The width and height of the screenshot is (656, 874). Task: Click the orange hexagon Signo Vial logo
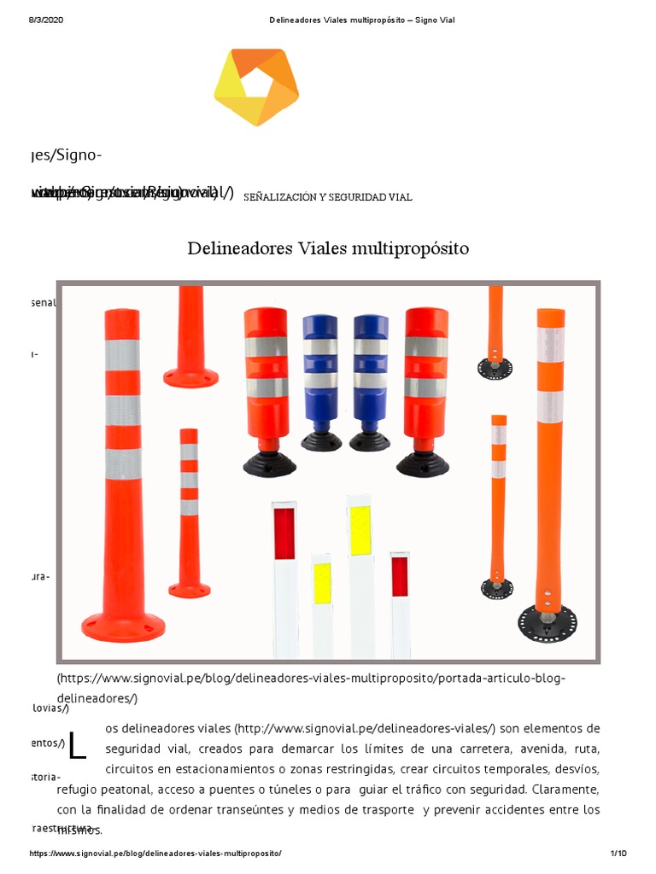[255, 86]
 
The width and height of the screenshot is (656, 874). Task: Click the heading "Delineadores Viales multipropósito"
[328, 249]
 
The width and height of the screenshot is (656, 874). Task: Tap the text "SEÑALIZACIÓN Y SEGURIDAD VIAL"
[328, 197]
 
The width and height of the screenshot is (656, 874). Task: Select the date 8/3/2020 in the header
[46, 20]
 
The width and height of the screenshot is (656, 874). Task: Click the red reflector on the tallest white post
[284, 533]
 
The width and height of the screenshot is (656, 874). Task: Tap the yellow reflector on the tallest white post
[360, 530]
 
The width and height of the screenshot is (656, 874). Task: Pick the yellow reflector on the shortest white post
[322, 583]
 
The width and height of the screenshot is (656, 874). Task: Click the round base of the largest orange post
[124, 626]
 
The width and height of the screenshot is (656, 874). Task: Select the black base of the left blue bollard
[321, 441]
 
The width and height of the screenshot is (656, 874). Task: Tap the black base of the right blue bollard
[370, 441]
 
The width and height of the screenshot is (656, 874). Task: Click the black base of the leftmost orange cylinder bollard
[270, 463]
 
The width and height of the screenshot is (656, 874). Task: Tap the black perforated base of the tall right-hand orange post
[547, 622]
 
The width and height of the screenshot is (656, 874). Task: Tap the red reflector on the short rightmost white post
[400, 576]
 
